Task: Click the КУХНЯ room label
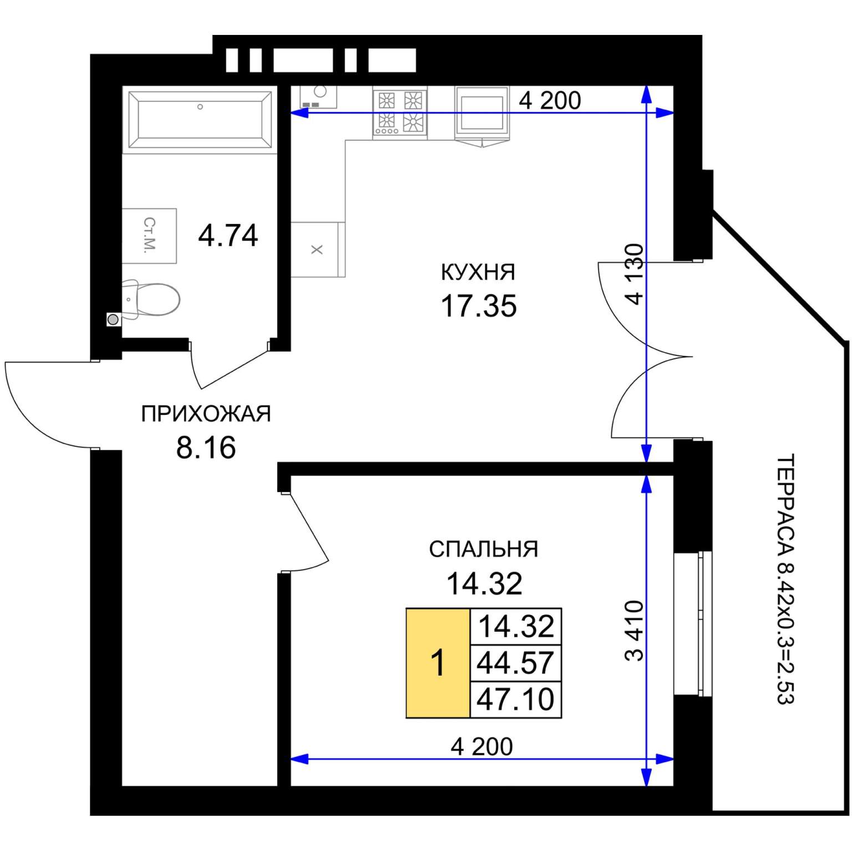point(478,272)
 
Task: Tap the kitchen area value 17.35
point(479,306)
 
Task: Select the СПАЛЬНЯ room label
point(484,549)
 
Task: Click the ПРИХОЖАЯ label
point(206,414)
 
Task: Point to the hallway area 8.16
point(206,447)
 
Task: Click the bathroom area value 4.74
point(228,235)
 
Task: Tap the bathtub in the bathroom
point(200,120)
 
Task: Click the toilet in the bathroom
point(150,300)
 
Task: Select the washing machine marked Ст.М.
point(149,236)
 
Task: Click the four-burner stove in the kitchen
point(400,113)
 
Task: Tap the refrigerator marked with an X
point(317,250)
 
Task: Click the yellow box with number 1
point(438,663)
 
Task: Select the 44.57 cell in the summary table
point(516,662)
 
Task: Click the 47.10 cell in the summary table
point(516,699)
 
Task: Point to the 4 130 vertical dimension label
point(635,274)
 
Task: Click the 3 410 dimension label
point(635,631)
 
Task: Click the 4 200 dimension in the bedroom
point(481,747)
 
